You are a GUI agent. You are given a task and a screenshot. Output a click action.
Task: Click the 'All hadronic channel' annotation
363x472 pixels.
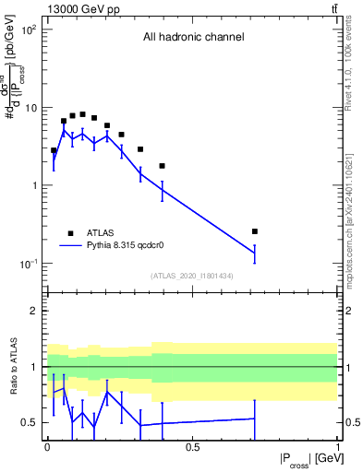point(193,37)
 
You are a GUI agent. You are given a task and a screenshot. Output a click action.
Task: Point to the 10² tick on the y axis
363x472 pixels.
point(29,29)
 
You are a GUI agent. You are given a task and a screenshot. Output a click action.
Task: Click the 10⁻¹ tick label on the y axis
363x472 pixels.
point(29,264)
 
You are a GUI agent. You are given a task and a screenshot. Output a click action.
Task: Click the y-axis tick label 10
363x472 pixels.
point(30,108)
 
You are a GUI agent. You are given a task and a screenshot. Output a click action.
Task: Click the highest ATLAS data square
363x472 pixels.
point(82,114)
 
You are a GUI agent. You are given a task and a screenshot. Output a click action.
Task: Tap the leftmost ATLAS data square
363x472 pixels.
point(54,150)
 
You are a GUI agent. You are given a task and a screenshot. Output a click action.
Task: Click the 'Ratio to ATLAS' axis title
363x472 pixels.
point(14,366)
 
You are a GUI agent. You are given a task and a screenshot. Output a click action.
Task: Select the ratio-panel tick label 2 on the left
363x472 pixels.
point(33,311)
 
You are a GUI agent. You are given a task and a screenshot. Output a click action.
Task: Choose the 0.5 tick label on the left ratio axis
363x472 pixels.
point(30,422)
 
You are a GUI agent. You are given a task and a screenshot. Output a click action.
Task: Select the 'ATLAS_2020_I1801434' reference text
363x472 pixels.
point(192,276)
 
